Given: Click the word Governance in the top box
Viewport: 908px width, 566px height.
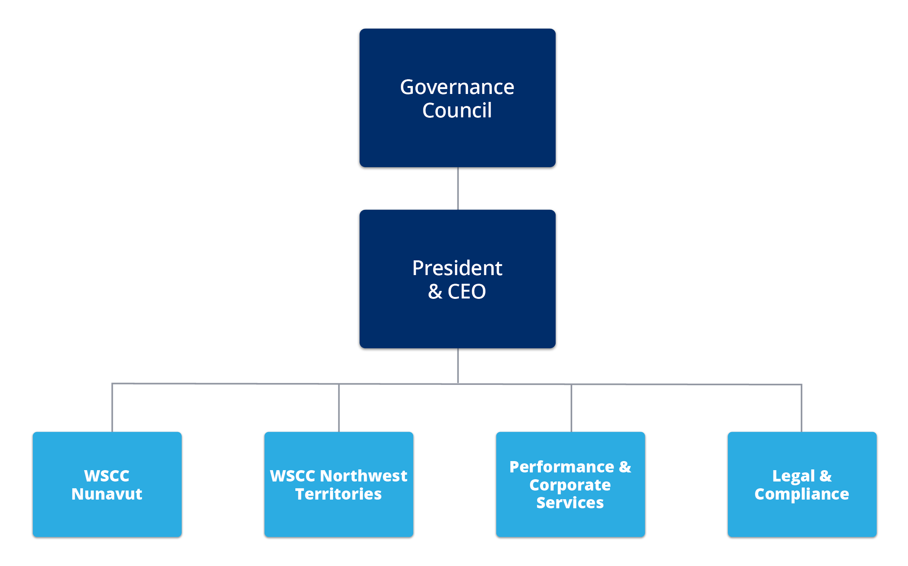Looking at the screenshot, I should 457,88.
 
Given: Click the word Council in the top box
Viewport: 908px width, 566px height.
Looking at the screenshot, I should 457,111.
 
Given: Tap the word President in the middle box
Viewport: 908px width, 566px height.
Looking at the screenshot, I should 457,268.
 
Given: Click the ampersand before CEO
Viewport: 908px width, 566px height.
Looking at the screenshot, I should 435,292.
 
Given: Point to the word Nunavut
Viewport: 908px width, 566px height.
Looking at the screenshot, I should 107,494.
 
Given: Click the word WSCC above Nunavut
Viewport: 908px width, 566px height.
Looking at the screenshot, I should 107,476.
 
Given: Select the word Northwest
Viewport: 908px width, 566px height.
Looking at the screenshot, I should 363,476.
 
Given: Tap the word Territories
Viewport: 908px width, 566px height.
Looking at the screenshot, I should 338,494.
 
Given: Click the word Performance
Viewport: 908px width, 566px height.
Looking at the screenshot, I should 562,467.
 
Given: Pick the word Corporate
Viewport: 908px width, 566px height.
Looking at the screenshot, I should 570,485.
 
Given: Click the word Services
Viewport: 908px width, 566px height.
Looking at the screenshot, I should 570,503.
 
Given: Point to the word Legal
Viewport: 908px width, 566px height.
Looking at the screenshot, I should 793,476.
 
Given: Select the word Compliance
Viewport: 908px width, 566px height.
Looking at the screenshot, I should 801,494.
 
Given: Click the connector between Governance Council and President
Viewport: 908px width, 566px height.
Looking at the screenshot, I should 458,188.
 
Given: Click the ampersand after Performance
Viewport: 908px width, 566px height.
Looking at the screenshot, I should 625,467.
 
